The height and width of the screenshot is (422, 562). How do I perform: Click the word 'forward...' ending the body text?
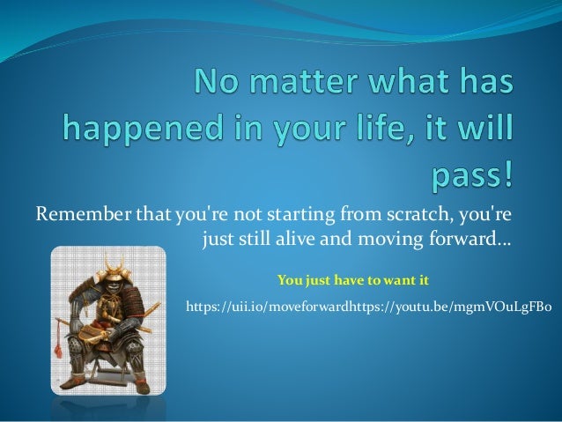474,238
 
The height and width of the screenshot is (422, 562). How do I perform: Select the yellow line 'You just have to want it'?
352,281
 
